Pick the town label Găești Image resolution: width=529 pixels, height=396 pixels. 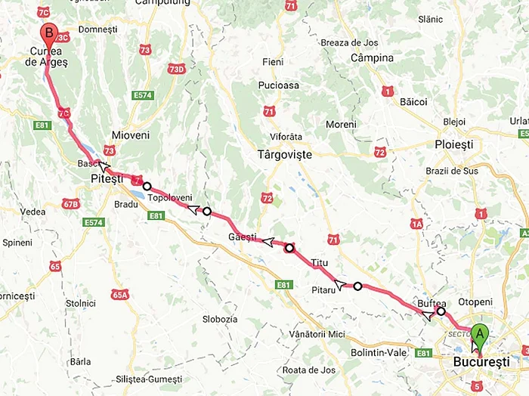[x=243, y=238]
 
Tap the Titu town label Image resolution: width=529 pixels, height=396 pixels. [x=320, y=263]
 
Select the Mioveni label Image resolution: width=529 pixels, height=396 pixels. [x=131, y=135]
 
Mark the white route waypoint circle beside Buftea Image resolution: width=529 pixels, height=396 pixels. [x=441, y=311]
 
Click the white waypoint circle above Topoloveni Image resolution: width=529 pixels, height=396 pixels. [x=147, y=186]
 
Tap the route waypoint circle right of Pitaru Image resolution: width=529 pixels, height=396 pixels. [x=357, y=286]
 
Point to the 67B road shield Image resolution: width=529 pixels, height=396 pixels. [x=71, y=203]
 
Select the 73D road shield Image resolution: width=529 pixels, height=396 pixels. [x=176, y=69]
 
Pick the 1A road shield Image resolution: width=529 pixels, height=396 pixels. [x=416, y=224]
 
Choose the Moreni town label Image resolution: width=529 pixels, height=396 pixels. [x=340, y=124]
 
